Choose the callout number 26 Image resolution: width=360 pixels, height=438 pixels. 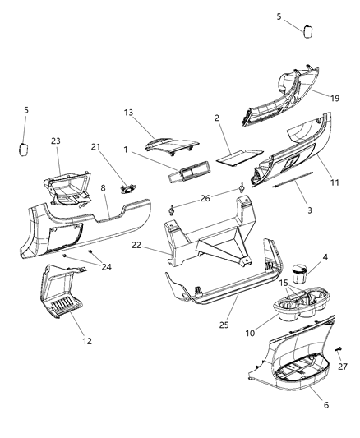[205, 198]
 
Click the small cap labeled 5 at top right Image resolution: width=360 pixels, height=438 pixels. [309, 30]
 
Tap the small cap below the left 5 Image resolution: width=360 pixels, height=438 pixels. [25, 150]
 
